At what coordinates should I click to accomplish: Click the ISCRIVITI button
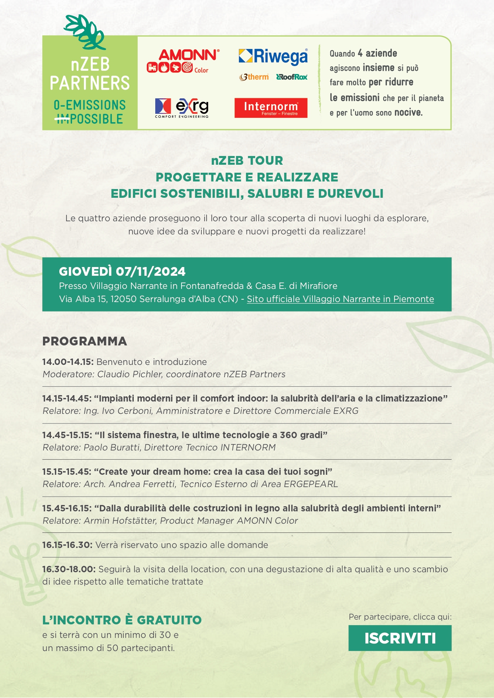click(400, 638)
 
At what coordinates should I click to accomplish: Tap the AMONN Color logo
click(183, 61)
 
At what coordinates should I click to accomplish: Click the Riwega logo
click(273, 56)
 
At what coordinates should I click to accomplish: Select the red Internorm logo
click(271, 108)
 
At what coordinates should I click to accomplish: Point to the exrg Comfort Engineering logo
click(182, 108)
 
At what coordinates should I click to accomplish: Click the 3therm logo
click(254, 77)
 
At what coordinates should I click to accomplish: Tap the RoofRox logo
click(292, 77)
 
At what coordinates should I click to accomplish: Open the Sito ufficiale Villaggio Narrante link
click(340, 299)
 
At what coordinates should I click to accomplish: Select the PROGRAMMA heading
click(84, 341)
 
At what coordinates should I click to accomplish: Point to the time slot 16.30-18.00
click(68, 569)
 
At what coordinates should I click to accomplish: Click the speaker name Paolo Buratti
click(112, 447)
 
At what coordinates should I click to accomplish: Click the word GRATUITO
click(169, 620)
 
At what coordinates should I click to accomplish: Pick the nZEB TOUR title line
click(247, 160)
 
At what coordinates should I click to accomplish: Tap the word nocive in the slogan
click(408, 113)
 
